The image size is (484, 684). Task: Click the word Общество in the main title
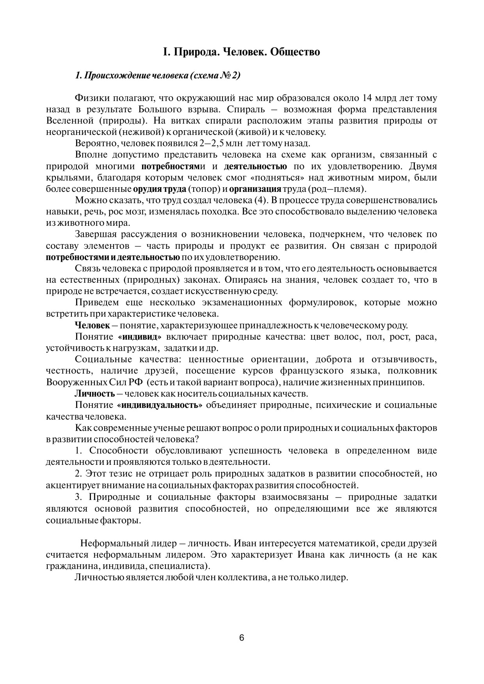295,51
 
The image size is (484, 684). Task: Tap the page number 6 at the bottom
242,638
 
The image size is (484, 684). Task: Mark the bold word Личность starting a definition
94,393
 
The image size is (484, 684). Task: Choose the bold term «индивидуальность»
160,405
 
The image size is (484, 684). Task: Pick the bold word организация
255,189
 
